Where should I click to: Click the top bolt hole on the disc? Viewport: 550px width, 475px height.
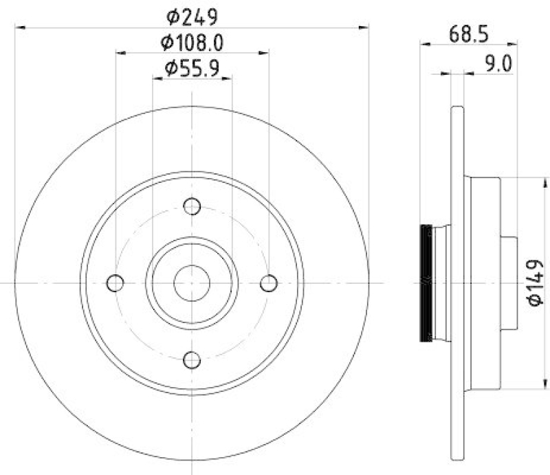pyautogui.click(x=192, y=206)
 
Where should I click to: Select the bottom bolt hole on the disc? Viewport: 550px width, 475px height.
pyautogui.click(x=192, y=359)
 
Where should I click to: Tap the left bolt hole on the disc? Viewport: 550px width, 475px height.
pyautogui.click(x=116, y=283)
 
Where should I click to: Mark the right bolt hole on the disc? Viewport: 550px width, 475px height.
pyautogui.click(x=269, y=283)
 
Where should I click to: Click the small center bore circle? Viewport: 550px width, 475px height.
pyautogui.click(x=192, y=283)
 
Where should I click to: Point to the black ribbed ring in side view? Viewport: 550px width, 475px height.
pyautogui.click(x=426, y=283)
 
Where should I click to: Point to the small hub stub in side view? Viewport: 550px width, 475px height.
pyautogui.click(x=509, y=283)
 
